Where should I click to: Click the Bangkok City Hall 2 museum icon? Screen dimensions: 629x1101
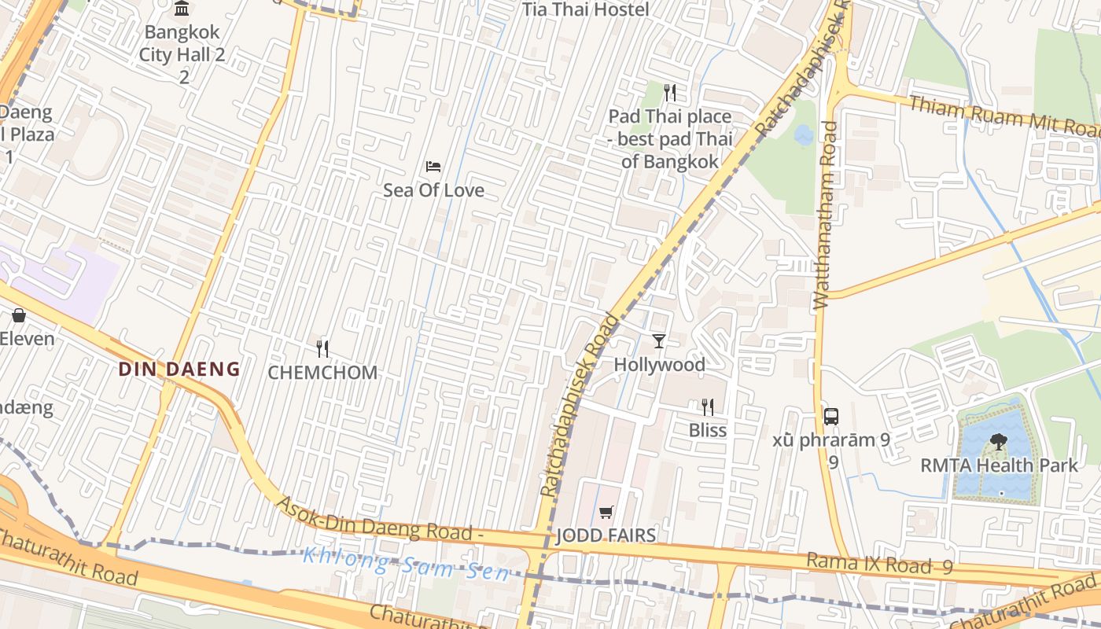(x=182, y=9)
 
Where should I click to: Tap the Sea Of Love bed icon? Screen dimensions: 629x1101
(x=433, y=167)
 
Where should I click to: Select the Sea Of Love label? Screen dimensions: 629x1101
(x=433, y=190)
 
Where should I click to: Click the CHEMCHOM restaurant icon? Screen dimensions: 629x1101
(x=322, y=348)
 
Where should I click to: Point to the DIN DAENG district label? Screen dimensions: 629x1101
(x=179, y=369)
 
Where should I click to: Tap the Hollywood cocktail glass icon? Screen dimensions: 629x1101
(x=659, y=340)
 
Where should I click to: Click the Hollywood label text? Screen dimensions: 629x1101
(x=659, y=365)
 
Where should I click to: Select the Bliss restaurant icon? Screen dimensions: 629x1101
(x=708, y=406)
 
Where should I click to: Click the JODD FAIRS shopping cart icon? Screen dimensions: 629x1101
(x=606, y=513)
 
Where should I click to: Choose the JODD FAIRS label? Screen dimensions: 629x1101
(x=606, y=536)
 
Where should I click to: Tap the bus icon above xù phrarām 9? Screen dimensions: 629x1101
(x=831, y=416)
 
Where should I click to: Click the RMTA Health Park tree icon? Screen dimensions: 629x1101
(x=999, y=441)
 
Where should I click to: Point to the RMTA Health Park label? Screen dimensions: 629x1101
(x=1000, y=465)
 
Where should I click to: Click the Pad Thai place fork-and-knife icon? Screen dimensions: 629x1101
(x=670, y=93)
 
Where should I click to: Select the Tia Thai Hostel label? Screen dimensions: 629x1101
(x=586, y=9)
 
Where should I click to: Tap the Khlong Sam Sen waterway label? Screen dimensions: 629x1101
(x=406, y=564)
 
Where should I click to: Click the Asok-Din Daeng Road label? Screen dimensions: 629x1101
(x=379, y=519)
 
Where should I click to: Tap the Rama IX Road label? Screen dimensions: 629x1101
(x=869, y=563)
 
